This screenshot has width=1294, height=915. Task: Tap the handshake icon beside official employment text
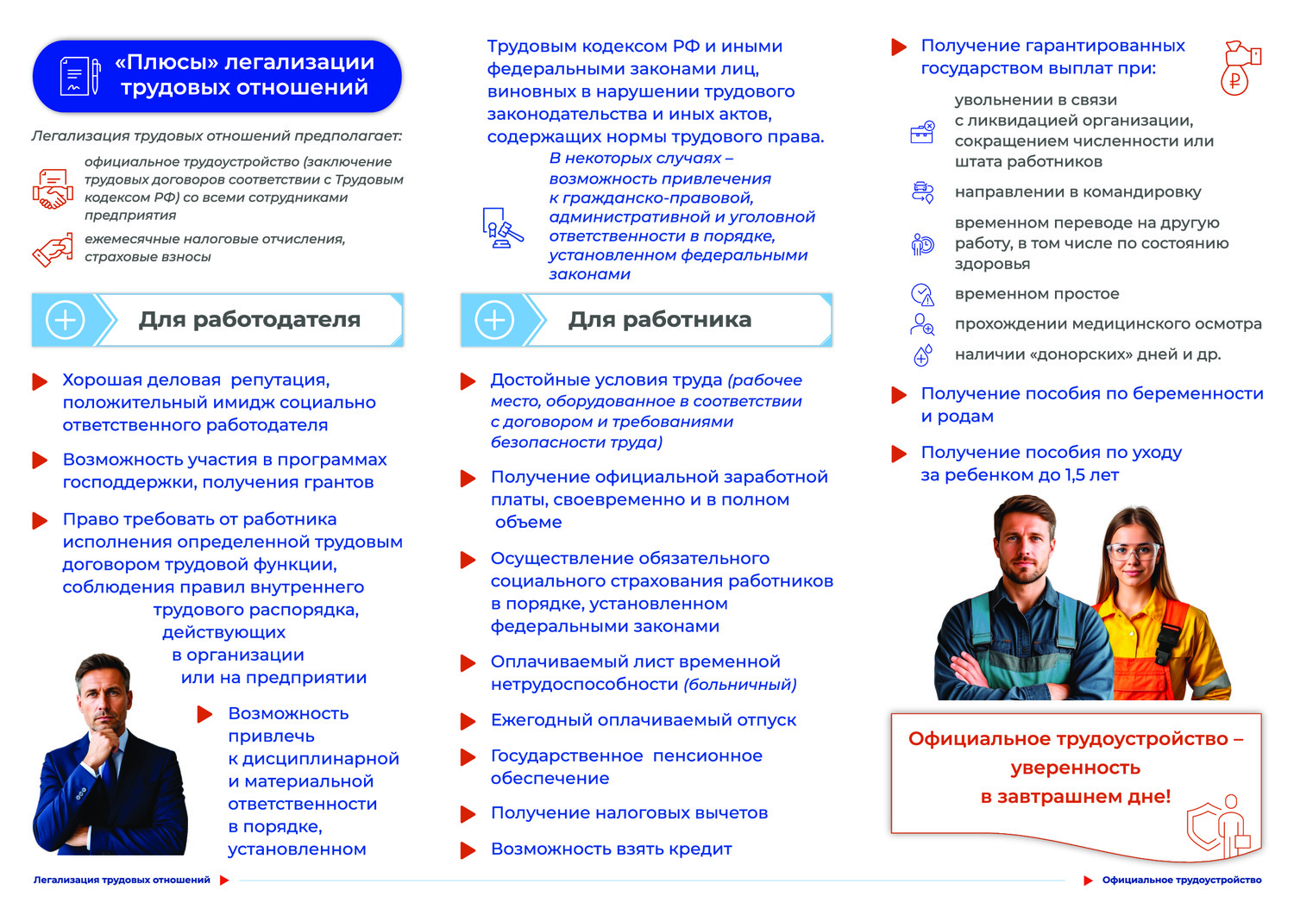pos(52,189)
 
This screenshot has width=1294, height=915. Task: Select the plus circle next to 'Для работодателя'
pos(66,320)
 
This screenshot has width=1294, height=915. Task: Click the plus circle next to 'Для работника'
pos(494,320)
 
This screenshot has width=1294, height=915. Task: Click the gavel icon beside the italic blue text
pos(502,228)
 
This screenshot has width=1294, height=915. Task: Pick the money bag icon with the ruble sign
pos(1240,67)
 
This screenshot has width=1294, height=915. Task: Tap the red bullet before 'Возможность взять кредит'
pos(468,850)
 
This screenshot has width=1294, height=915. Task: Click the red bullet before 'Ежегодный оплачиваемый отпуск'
pos(468,721)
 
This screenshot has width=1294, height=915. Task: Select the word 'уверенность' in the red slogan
pos(1075,768)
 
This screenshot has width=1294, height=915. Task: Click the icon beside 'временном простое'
pos(922,295)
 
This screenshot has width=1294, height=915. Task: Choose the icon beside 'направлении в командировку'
pos(922,192)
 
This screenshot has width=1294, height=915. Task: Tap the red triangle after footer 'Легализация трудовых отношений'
pos(224,881)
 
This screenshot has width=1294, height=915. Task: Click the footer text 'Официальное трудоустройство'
pos(1181,881)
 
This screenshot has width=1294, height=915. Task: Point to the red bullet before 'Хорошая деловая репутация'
pos(40,381)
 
